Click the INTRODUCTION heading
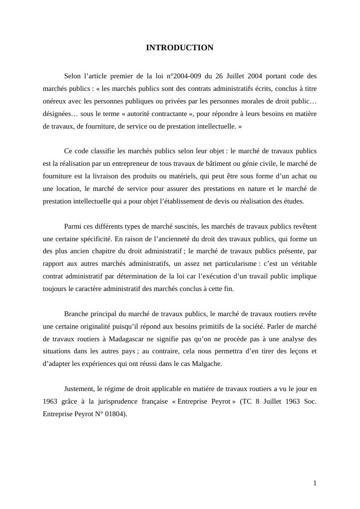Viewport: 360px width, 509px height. (x=179, y=48)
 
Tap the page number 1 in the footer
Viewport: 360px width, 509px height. (x=315, y=483)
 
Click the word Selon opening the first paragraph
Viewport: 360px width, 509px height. (x=73, y=76)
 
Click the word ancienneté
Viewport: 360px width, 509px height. (x=178, y=239)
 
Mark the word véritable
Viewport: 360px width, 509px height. (x=302, y=264)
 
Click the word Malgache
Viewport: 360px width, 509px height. (x=208, y=364)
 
